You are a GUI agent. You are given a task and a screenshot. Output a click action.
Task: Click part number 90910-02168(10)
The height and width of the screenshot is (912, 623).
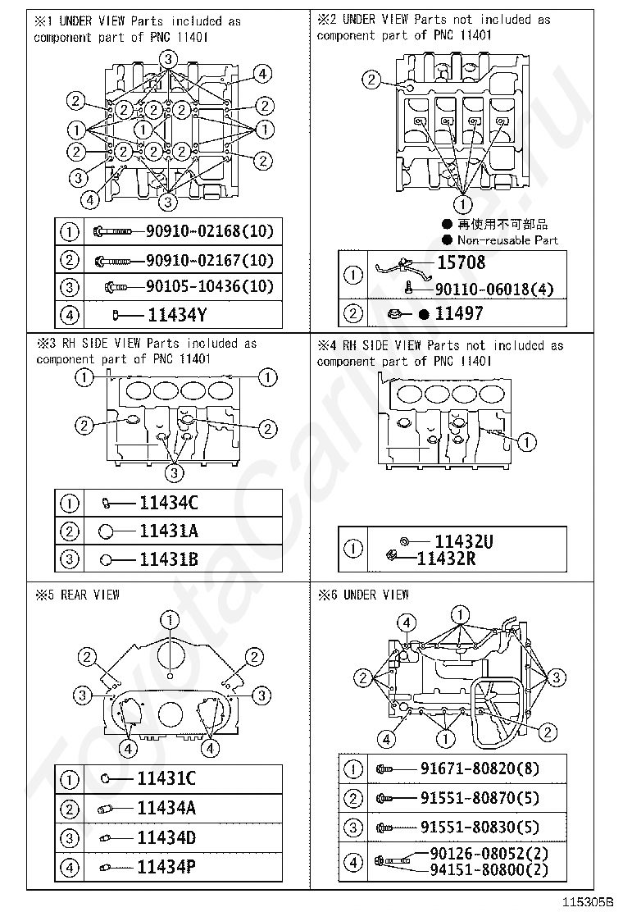pos(209,231)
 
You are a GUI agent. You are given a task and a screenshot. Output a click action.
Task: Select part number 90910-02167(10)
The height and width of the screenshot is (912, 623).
pos(209,261)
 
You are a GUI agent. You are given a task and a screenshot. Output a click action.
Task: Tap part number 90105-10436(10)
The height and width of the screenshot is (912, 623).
pos(209,287)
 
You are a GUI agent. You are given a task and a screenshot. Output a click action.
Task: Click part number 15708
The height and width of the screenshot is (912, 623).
pos(460,262)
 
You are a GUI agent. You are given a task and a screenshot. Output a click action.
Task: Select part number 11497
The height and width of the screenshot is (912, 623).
pos(459,313)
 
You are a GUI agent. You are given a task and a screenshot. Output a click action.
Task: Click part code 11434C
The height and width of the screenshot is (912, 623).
pos(168,503)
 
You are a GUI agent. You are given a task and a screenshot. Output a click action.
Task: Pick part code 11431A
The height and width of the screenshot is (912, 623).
pos(168,531)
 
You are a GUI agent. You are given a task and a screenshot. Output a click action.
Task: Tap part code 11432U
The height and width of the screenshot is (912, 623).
pos(464,541)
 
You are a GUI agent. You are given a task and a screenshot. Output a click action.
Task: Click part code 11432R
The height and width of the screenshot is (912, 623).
pos(447,559)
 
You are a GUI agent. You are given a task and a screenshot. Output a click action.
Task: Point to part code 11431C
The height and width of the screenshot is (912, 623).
pos(166,778)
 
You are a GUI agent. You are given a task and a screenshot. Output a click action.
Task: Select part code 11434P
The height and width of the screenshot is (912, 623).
pos(166,866)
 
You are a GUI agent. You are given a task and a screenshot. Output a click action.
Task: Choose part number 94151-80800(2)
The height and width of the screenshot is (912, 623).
pos(489,869)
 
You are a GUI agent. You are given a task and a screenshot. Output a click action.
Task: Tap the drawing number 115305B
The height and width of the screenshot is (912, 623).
pos(587,901)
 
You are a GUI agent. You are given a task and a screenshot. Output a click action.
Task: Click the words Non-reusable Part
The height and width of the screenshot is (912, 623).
pos(507,240)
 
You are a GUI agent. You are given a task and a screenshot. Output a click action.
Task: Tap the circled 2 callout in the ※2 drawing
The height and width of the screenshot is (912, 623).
pos(372,80)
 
